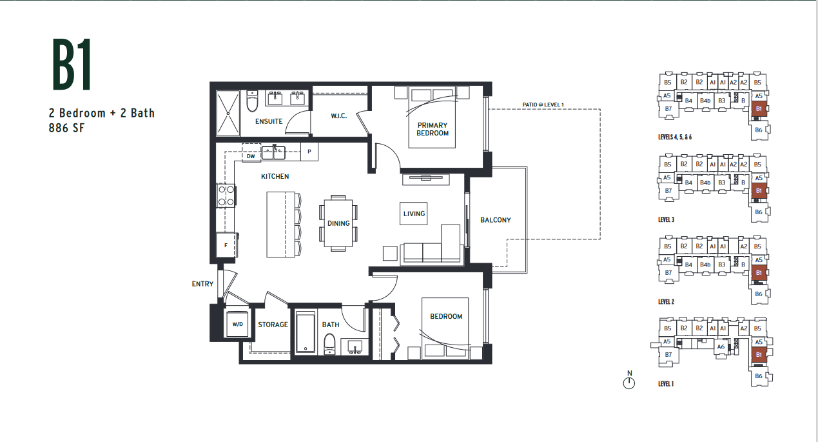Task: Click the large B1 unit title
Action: click(x=72, y=65)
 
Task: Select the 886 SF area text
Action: click(x=66, y=128)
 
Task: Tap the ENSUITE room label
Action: click(x=269, y=121)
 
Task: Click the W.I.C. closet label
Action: click(x=339, y=116)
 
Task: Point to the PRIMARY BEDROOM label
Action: click(x=433, y=129)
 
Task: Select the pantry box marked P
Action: click(x=309, y=152)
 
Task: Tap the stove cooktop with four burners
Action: click(x=226, y=196)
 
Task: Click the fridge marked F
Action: click(x=226, y=245)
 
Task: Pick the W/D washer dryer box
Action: click(x=237, y=325)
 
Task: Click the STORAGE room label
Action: click(x=273, y=325)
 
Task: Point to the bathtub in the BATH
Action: click(x=306, y=332)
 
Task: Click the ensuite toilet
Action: click(x=252, y=101)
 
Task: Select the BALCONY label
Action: click(x=496, y=220)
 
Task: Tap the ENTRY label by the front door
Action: click(x=202, y=284)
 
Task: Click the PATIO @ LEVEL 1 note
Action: click(x=543, y=105)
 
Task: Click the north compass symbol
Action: click(x=629, y=381)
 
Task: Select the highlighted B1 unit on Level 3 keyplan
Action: click(x=759, y=191)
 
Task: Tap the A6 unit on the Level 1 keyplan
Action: click(x=721, y=347)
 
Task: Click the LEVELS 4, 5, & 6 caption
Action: click(x=675, y=137)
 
